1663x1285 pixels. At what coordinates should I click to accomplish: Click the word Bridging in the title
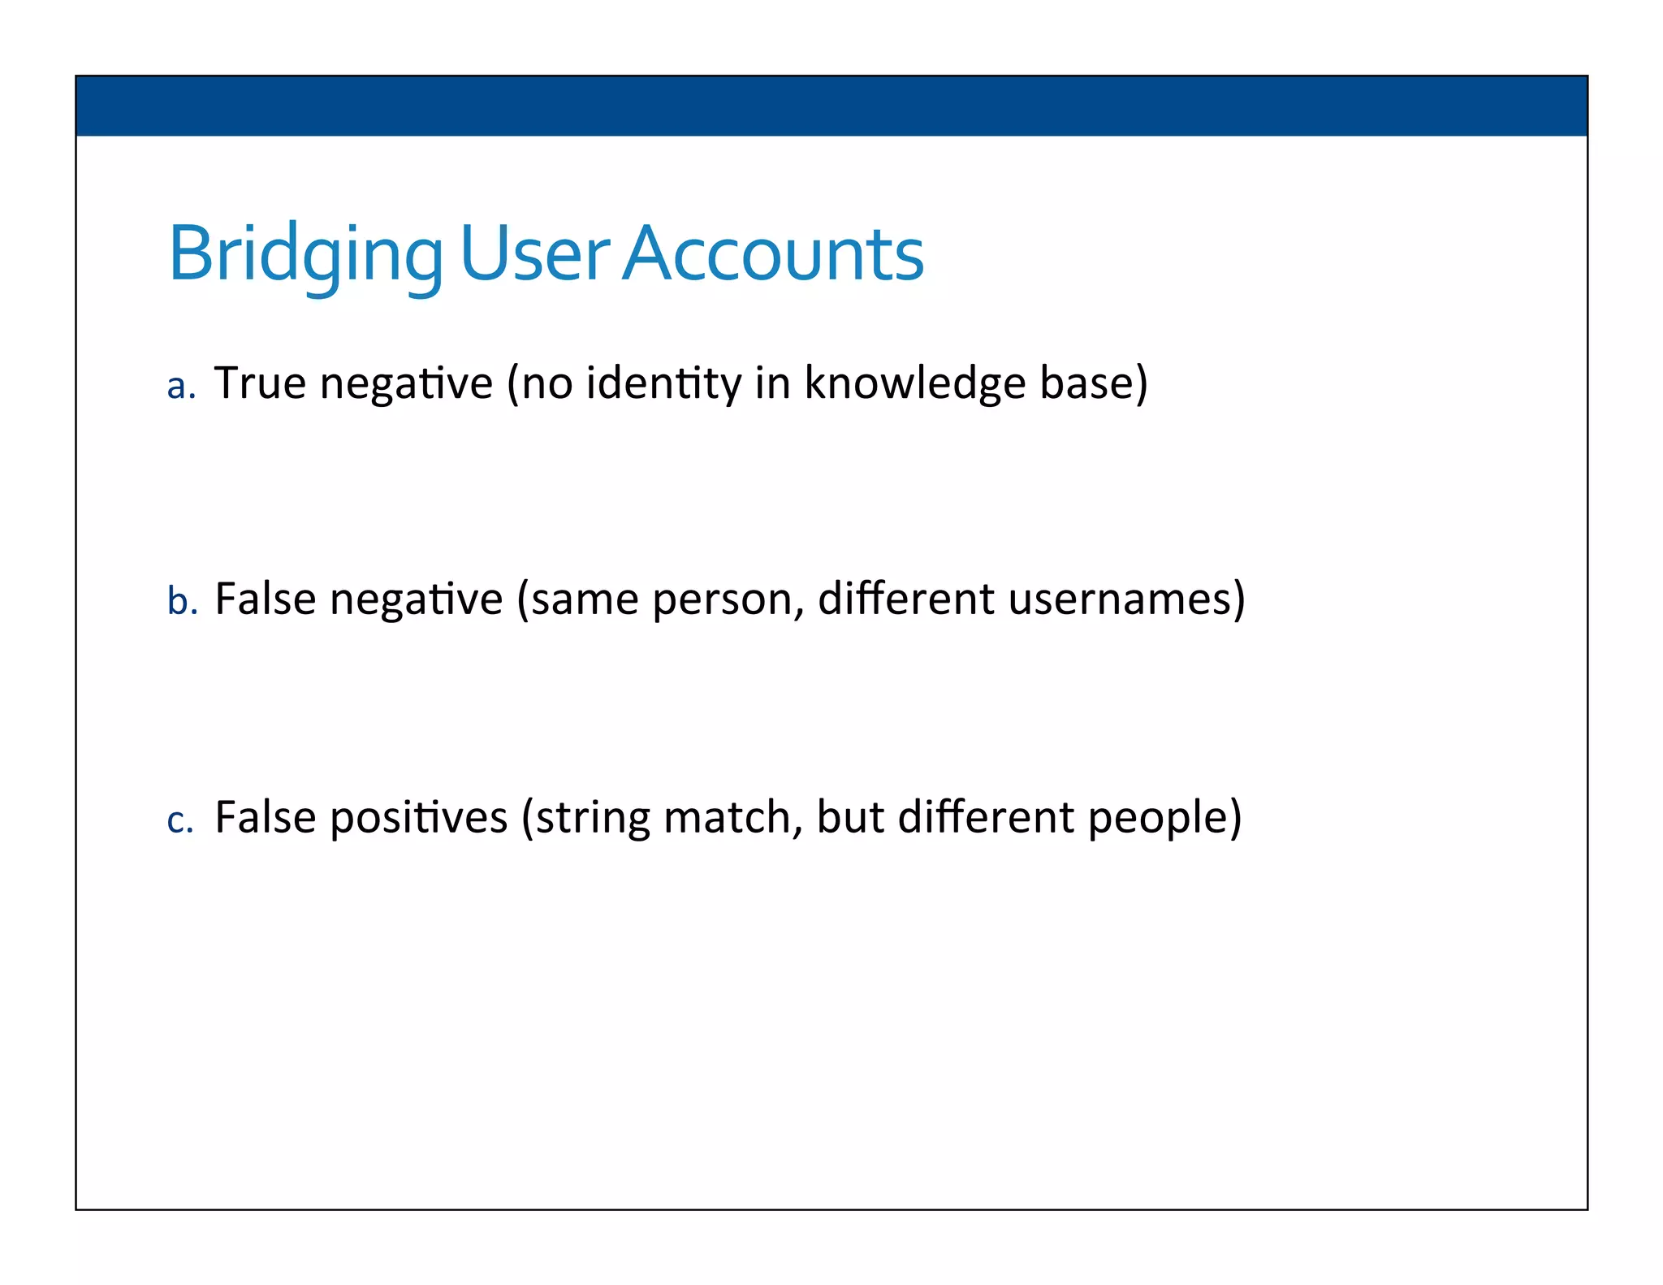point(305,255)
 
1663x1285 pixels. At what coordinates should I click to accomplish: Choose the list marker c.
point(179,820)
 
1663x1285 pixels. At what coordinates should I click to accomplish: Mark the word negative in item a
point(406,384)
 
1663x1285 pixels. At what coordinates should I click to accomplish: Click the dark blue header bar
point(831,106)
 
